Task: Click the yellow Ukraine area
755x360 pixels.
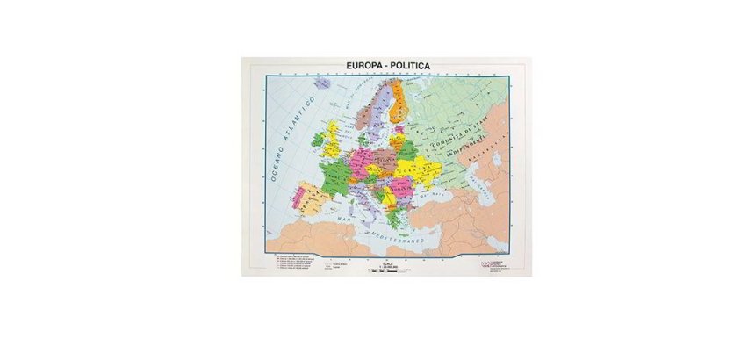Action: [x=413, y=166]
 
